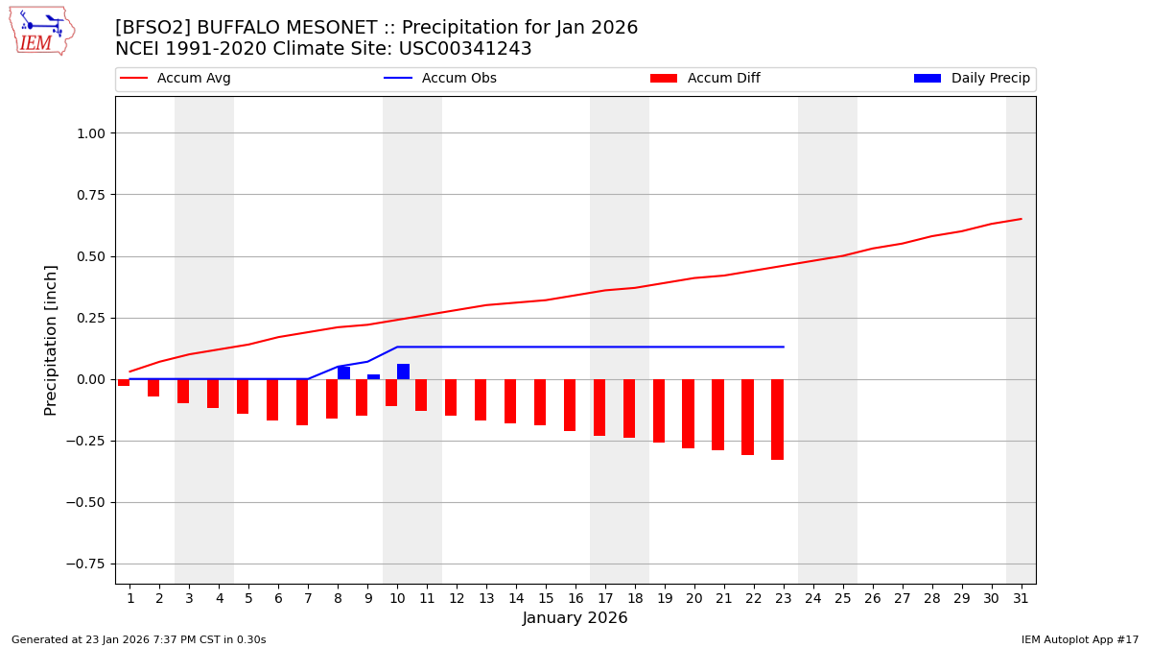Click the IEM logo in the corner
41,31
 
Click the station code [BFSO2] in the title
153,28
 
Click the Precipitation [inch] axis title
52,340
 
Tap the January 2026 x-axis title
575,618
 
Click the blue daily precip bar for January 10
403,372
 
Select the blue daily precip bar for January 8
343,372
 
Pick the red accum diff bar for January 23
777,420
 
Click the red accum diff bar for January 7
302,402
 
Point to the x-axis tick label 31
1021,598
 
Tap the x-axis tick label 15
546,598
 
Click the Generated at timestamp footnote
139,639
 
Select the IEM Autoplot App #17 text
1080,639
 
